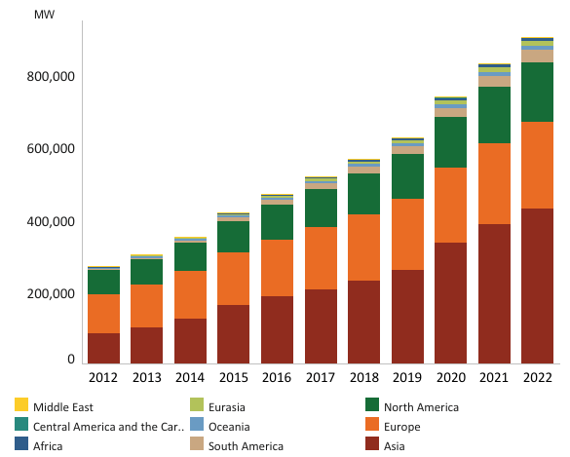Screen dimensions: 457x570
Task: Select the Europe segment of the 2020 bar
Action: (x=450, y=205)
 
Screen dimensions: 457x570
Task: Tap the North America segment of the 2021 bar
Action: (x=494, y=115)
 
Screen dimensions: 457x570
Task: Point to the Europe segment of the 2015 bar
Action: (x=233, y=279)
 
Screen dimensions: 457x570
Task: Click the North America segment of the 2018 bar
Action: (x=363, y=194)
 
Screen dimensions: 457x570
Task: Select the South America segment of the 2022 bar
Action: (x=537, y=57)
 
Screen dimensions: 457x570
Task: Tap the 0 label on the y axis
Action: (x=71, y=361)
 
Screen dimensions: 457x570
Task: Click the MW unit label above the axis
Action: (x=45, y=16)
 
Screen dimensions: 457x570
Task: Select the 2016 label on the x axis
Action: (x=277, y=378)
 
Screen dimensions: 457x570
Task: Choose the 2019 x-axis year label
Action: (x=407, y=378)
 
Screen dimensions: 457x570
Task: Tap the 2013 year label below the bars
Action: (x=146, y=378)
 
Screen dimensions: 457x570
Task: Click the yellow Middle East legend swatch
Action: (x=20, y=405)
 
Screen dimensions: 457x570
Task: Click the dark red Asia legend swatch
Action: (x=371, y=444)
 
